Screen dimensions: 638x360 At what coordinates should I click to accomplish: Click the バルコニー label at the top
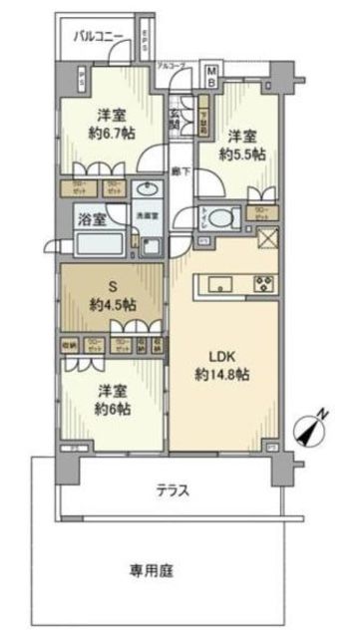pyautogui.click(x=100, y=37)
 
